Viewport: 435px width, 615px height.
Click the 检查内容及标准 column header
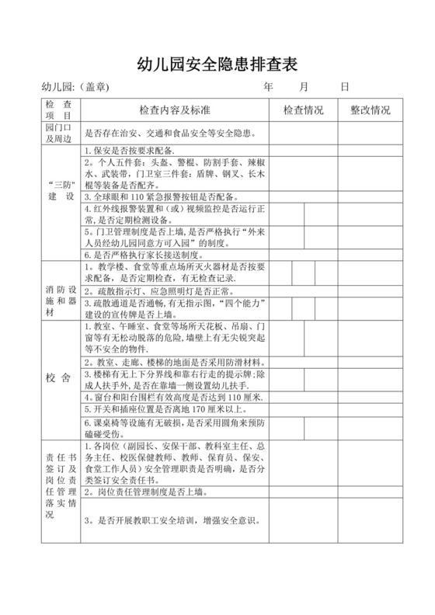(x=175, y=110)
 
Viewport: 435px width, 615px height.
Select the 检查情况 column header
(x=303, y=110)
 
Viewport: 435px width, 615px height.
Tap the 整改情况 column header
(x=371, y=110)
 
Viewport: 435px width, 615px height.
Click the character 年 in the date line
(x=269, y=87)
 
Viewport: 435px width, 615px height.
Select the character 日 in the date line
(x=344, y=87)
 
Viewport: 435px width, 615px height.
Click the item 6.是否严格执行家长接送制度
(x=142, y=255)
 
